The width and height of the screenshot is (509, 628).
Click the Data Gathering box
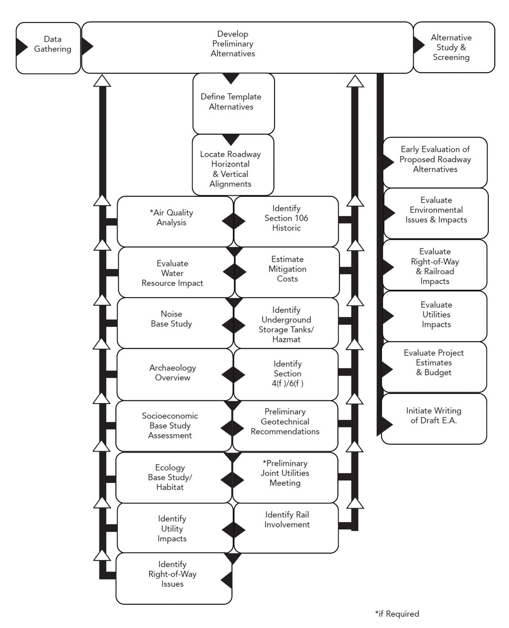pos(49,48)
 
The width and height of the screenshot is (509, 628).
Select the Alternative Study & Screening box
pos(454,47)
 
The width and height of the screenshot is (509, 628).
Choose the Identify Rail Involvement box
pos(286,527)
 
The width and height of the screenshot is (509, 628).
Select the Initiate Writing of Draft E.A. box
pos(433,418)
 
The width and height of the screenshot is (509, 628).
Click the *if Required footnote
pos(397,614)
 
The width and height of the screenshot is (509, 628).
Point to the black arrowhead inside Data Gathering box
pos(21,47)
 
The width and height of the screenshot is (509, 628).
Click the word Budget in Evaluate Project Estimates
pos(438,372)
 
